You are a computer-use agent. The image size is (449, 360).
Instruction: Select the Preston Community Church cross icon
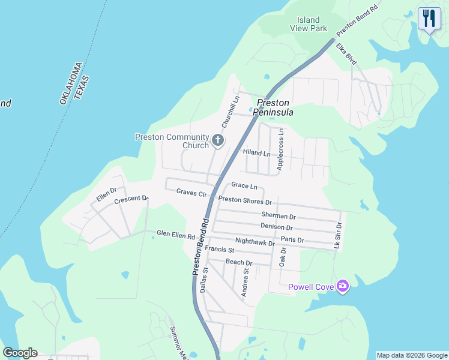click(217, 141)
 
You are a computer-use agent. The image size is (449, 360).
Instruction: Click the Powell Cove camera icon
click(343, 286)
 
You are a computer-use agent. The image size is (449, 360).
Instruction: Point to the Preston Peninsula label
click(273, 107)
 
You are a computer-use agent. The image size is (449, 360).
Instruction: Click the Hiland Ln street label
click(256, 153)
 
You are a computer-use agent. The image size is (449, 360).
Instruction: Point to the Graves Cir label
click(191, 193)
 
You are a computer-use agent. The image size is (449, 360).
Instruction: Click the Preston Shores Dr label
click(245, 202)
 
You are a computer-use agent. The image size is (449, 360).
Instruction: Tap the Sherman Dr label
click(279, 215)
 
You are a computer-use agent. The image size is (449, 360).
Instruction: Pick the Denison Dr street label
click(277, 227)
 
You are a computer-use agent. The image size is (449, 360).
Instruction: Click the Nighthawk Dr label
click(255, 242)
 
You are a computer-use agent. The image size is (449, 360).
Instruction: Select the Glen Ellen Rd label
click(175, 234)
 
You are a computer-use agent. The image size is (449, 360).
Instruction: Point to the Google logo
click(20, 353)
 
